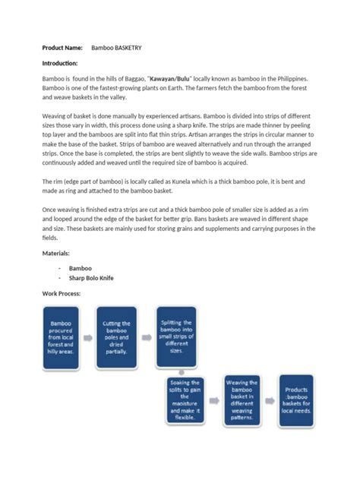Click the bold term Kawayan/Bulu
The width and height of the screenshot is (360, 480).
[x=171, y=79]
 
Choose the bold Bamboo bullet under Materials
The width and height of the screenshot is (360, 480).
[x=80, y=268]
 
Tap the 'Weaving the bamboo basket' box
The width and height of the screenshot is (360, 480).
[x=243, y=400]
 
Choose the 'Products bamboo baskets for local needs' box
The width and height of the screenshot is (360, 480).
[x=298, y=400]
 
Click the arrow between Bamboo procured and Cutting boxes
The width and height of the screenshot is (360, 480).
[x=87, y=334]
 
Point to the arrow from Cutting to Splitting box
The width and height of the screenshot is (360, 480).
[x=147, y=334]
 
